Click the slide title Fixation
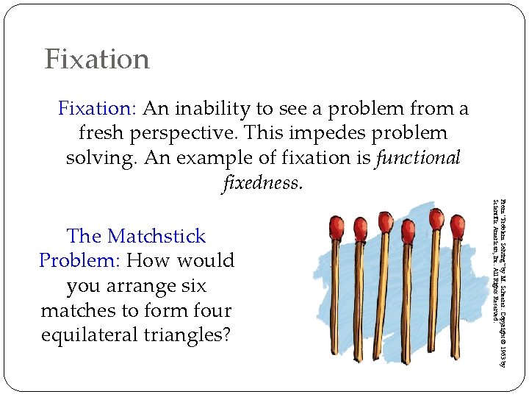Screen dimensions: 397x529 pos(97,59)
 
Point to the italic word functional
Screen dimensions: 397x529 pos(418,157)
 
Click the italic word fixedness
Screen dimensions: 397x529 pos(261,182)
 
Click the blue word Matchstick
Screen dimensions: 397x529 pos(156,236)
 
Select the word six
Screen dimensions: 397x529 pos(192,285)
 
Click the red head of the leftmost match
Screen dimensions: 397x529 pos(337,225)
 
